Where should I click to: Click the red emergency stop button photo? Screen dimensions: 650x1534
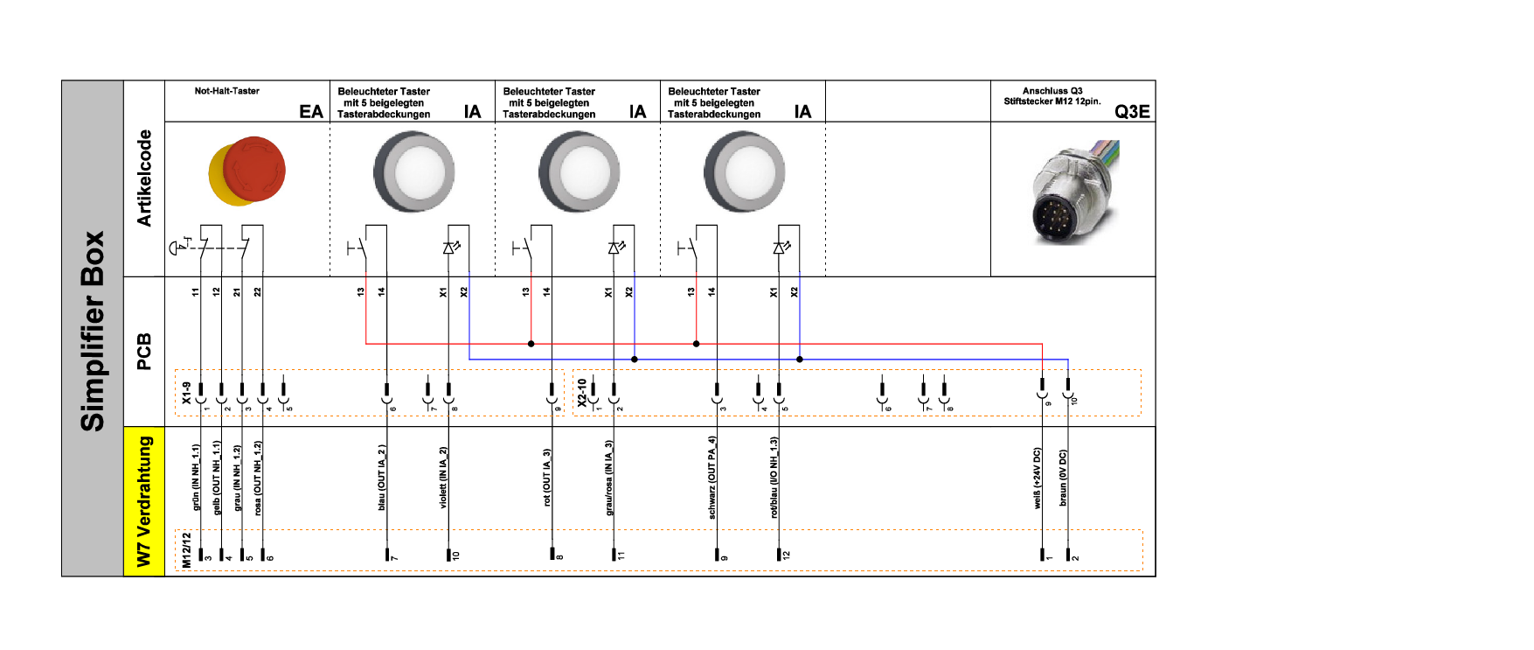pyautogui.click(x=248, y=171)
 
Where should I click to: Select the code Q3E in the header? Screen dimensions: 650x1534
pyautogui.click(x=1132, y=111)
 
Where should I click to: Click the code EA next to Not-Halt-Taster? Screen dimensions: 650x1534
pyautogui.click(x=311, y=111)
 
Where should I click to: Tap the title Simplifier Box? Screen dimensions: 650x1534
pyautogui.click(x=93, y=331)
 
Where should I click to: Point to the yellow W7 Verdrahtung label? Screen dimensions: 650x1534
pyautogui.click(x=144, y=501)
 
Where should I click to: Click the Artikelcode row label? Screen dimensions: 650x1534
pyautogui.click(x=144, y=178)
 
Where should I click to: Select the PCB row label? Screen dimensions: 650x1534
pyautogui.click(x=144, y=351)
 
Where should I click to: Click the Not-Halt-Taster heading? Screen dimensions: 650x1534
pyautogui.click(x=226, y=91)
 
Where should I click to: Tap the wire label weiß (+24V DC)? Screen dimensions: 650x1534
pyautogui.click(x=1038, y=479)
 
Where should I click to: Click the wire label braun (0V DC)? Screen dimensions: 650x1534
pyautogui.click(x=1063, y=479)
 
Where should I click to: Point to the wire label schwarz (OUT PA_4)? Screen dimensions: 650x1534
pyautogui.click(x=712, y=478)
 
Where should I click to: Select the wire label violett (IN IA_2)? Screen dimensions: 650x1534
pyautogui.click(x=443, y=478)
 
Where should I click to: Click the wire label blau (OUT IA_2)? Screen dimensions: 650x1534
pyautogui.click(x=381, y=478)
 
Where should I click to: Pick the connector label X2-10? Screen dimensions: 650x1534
pyautogui.click(x=582, y=393)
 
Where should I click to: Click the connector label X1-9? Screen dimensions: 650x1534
pyautogui.click(x=186, y=393)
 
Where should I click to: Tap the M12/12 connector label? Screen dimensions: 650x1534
pyautogui.click(x=186, y=550)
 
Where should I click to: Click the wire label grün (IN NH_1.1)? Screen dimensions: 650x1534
pyautogui.click(x=196, y=478)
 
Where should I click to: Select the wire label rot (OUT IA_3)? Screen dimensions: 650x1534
pyautogui.click(x=547, y=478)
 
